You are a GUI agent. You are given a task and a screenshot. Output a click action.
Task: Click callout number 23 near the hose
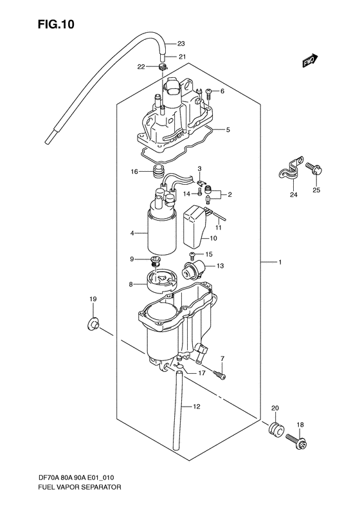click(181, 44)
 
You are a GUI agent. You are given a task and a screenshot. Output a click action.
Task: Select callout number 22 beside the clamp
click(141, 67)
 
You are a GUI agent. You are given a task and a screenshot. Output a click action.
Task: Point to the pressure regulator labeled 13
click(194, 270)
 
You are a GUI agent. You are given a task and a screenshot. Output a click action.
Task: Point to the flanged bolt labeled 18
click(301, 443)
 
